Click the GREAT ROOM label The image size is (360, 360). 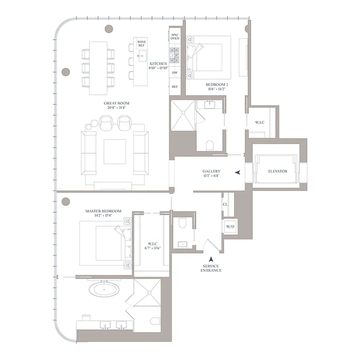point(116,103)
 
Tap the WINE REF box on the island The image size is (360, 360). point(141,44)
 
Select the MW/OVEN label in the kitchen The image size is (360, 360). point(175,36)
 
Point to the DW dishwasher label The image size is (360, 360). point(175,72)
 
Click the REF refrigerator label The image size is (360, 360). point(175,87)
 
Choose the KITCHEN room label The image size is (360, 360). point(158,64)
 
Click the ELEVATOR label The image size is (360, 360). point(277,171)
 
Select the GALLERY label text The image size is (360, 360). point(211,171)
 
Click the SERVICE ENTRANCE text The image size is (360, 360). point(211,268)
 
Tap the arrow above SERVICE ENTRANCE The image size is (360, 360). point(211,259)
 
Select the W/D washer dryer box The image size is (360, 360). point(229,226)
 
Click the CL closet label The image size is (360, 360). point(225,204)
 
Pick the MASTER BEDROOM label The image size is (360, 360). point(103,211)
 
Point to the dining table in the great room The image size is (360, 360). point(98,67)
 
